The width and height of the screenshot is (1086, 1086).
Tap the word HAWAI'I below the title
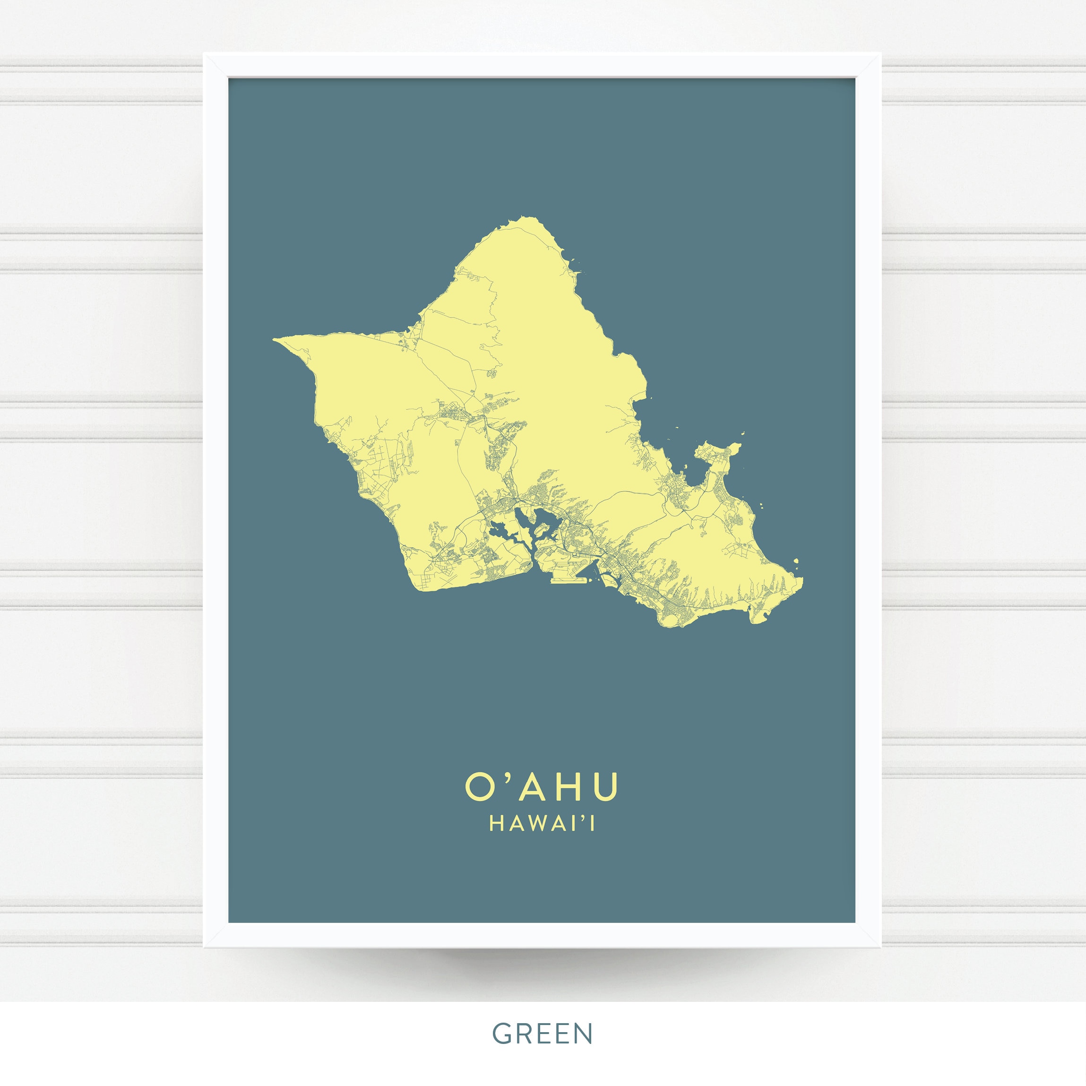click(542, 824)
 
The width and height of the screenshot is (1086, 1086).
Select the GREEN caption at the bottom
click(543, 1034)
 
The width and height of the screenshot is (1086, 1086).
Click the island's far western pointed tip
click(275, 339)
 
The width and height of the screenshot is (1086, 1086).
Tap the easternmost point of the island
click(802, 582)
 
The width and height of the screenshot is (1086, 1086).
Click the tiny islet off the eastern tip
click(796, 560)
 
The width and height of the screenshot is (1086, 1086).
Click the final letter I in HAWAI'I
click(593, 824)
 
